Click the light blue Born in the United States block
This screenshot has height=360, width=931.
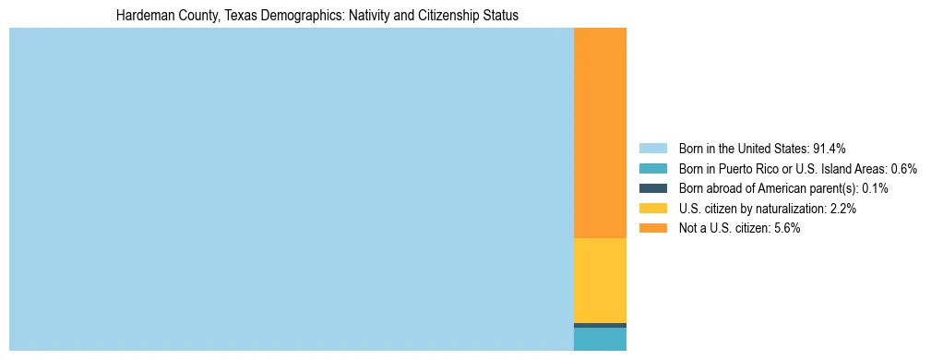point(291,189)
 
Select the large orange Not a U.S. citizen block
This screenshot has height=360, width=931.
point(600,133)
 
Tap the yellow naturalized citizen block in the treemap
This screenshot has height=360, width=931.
point(600,281)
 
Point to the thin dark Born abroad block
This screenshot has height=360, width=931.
point(600,325)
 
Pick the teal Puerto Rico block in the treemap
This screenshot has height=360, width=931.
point(600,339)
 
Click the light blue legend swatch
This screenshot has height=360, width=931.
point(652,148)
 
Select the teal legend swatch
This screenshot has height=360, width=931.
point(652,168)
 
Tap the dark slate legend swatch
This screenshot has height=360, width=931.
point(652,188)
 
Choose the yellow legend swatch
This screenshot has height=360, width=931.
point(652,209)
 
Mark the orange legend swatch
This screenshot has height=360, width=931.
point(652,228)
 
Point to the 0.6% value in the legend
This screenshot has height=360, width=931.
point(903,168)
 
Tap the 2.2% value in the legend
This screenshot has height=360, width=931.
point(842,209)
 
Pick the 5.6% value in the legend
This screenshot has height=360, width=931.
point(786,228)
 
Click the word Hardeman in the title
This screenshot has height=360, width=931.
point(141,16)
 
